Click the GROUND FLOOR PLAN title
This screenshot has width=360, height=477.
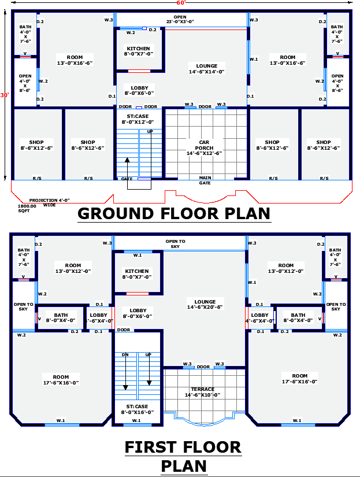(x=174, y=213)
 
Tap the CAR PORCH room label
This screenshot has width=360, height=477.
(x=204, y=147)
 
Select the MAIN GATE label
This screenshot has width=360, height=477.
(x=205, y=180)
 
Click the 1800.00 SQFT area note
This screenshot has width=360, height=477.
(x=27, y=208)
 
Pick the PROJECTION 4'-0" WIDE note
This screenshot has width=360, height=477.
(x=50, y=202)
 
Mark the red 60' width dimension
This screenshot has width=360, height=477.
(x=180, y=3)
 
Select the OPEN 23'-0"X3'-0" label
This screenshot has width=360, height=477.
(x=180, y=19)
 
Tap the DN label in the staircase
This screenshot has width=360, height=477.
(x=125, y=354)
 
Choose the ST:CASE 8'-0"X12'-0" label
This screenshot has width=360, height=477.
(x=138, y=120)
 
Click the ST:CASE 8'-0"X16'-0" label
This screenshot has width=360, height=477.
(x=137, y=409)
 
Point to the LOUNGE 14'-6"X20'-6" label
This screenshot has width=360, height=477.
(x=205, y=304)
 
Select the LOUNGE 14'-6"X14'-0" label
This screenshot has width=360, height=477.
(x=206, y=69)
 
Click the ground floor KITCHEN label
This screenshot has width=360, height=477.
(x=138, y=51)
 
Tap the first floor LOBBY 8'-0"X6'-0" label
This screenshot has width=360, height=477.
(x=138, y=313)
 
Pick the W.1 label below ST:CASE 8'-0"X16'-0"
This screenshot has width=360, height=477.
(x=136, y=421)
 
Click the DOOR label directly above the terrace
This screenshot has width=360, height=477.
(x=203, y=367)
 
